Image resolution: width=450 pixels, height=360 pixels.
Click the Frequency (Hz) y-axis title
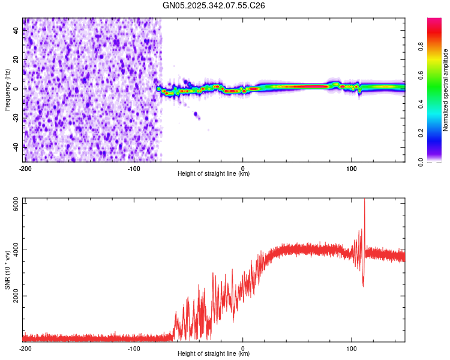coord(7,89)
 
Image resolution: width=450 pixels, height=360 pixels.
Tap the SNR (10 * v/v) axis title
coord(7,270)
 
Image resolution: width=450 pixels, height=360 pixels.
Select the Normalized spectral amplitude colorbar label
coord(445,90)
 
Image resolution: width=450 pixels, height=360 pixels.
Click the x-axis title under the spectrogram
coord(214,173)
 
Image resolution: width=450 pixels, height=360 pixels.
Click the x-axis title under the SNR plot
coord(214,353)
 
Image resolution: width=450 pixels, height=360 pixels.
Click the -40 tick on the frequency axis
coord(17,146)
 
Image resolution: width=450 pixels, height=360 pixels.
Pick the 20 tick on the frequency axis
coord(17,59)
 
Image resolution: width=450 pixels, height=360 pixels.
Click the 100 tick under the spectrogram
coord(352,167)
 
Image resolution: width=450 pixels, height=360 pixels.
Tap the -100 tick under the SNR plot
coord(134,347)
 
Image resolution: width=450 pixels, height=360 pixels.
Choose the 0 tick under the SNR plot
coord(243,347)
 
